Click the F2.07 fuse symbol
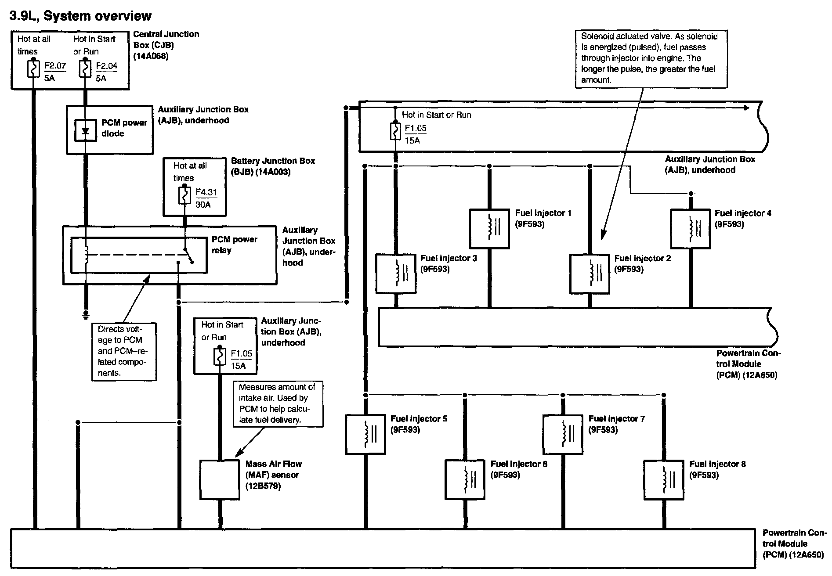(x=33, y=69)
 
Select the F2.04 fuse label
(x=107, y=66)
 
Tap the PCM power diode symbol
(x=86, y=130)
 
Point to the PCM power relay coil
(x=87, y=255)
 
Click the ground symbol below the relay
(x=86, y=314)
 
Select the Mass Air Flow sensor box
(x=220, y=479)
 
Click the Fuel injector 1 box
(x=489, y=229)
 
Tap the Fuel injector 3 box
(x=396, y=274)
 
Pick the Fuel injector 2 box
(x=590, y=274)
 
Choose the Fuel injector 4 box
(x=690, y=229)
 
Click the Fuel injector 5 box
(x=365, y=434)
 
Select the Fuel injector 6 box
(x=465, y=479)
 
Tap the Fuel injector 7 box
(x=563, y=434)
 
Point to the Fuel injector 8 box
(x=663, y=479)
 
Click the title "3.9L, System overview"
(x=80, y=16)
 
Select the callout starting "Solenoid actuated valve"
(x=651, y=58)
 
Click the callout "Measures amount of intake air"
(x=279, y=403)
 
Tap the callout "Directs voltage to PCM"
(x=124, y=351)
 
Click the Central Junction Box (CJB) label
(x=166, y=45)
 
